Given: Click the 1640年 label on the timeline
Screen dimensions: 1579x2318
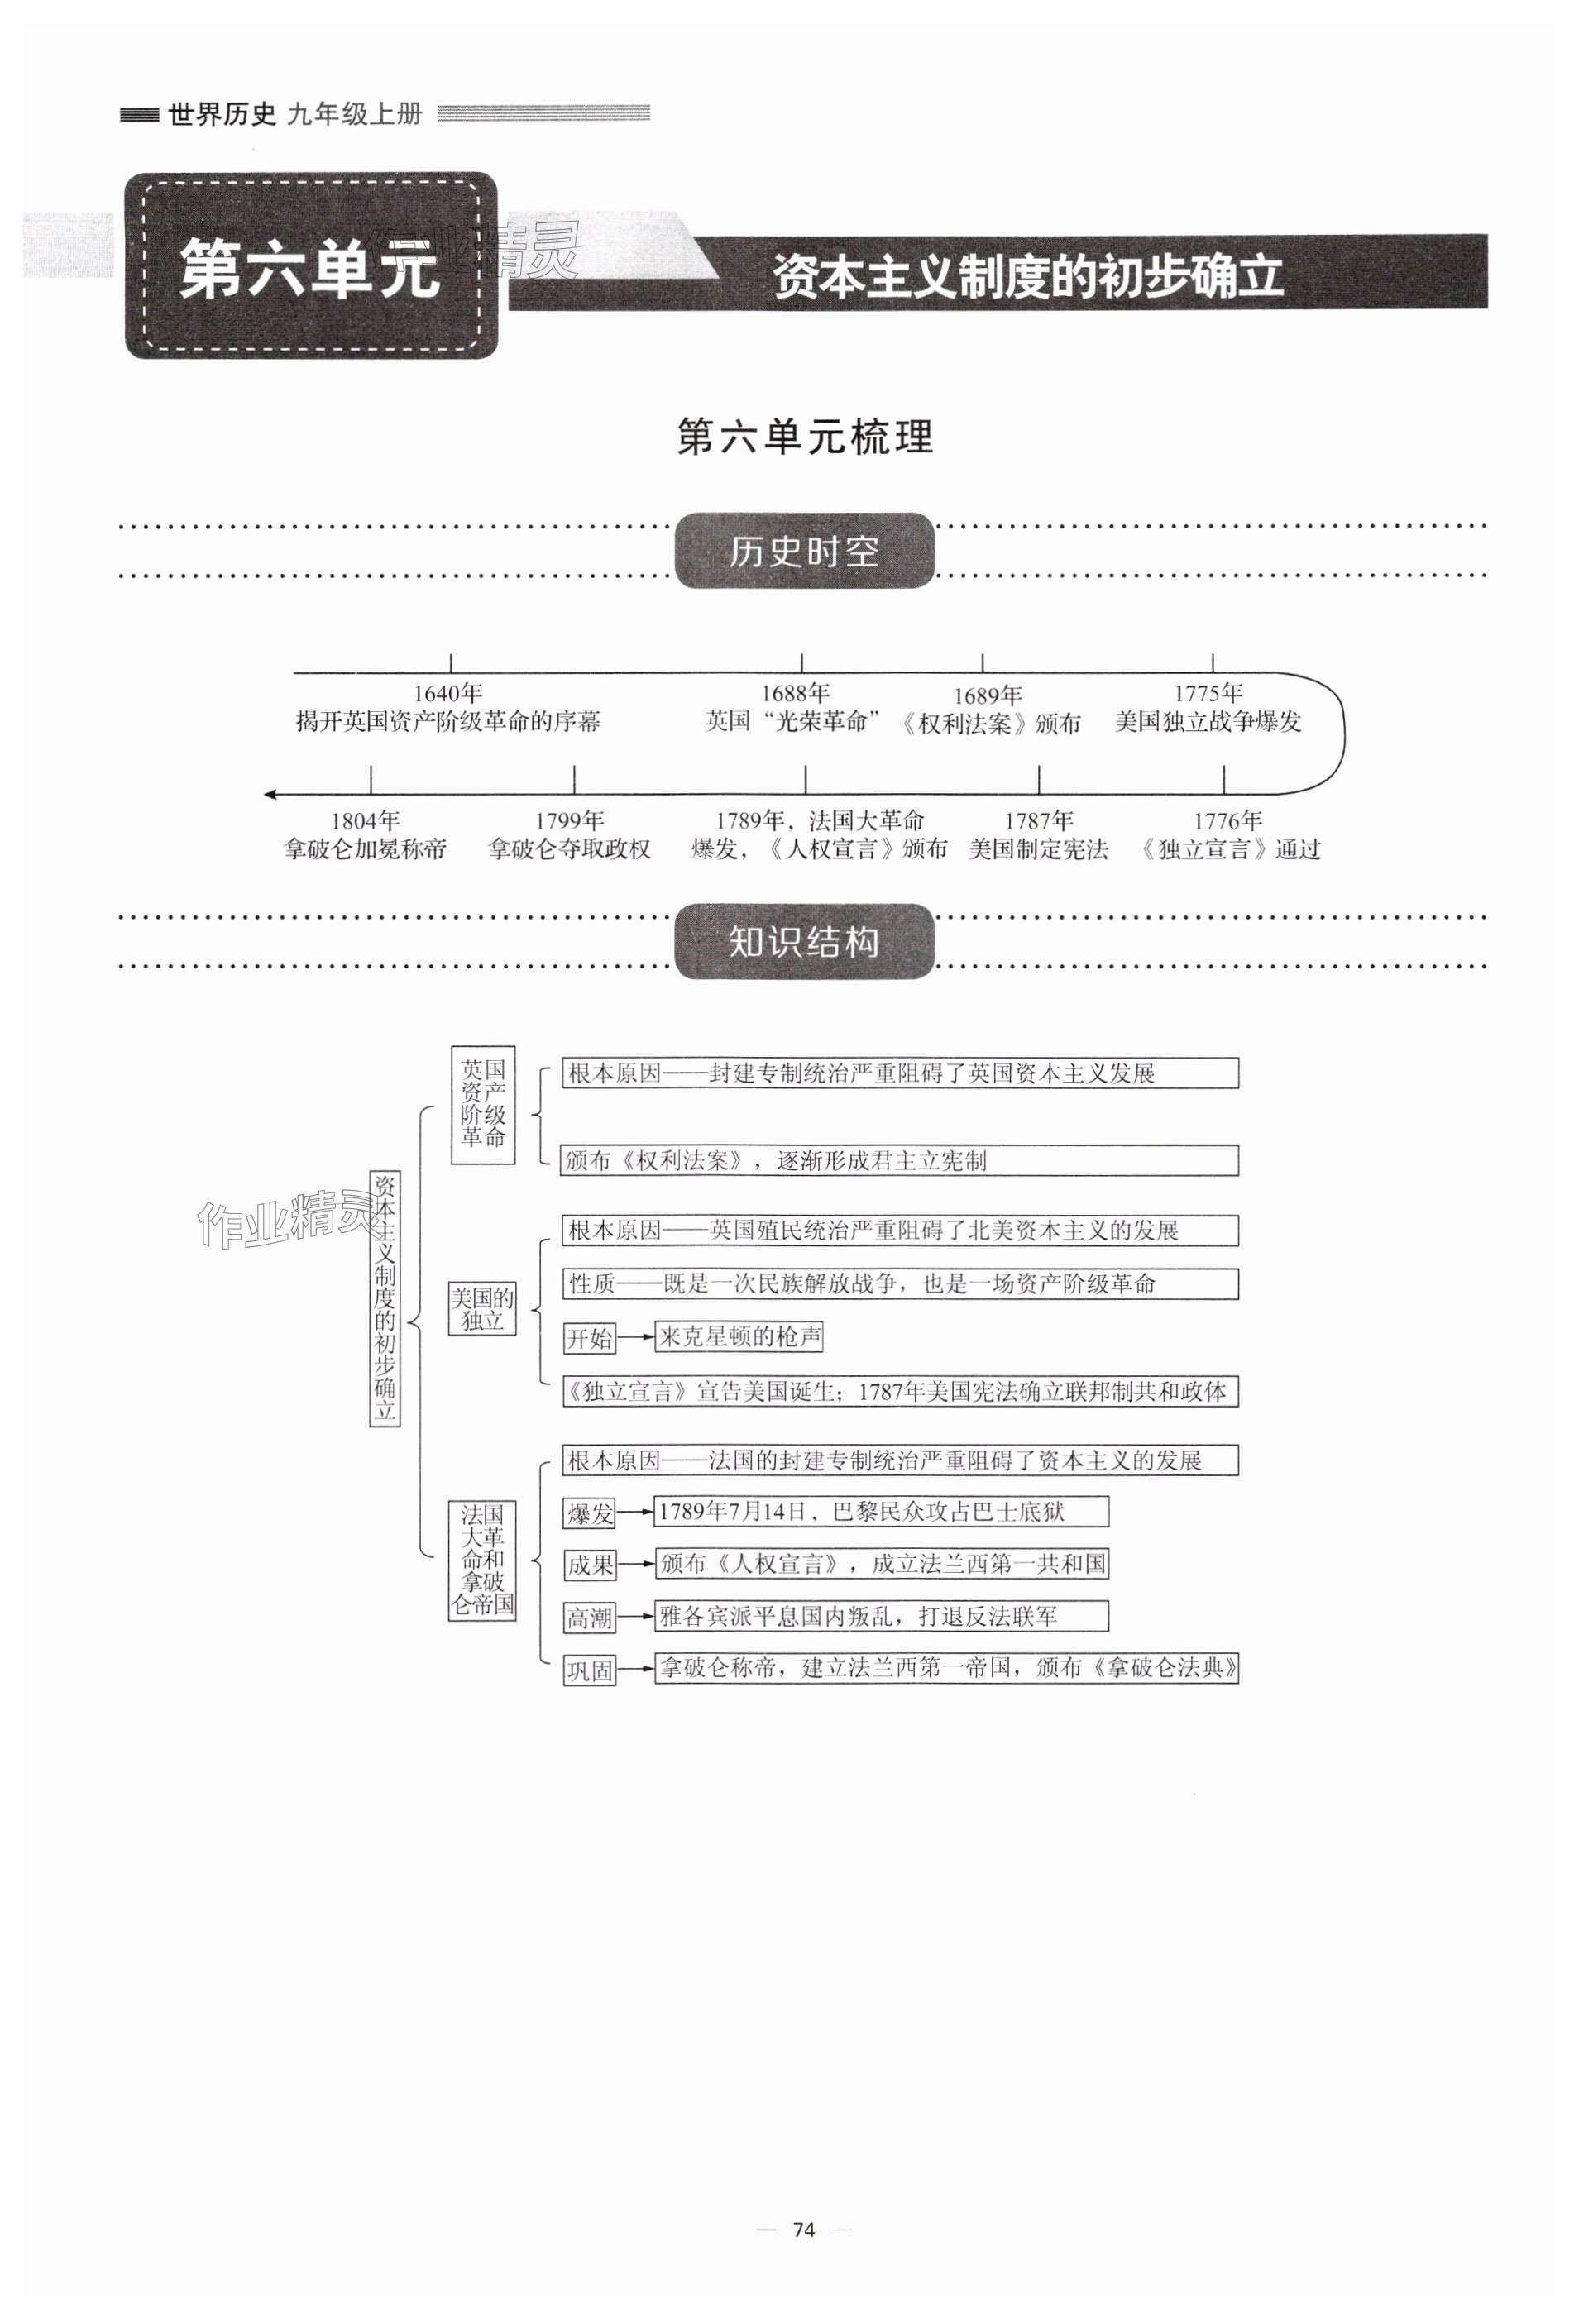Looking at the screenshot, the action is (447, 692).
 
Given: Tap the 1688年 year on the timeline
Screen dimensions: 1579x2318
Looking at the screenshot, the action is (795, 692).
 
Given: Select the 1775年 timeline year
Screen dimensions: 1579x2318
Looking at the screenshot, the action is (1208, 692).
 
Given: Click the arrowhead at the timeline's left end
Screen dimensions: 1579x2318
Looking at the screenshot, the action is (270, 795).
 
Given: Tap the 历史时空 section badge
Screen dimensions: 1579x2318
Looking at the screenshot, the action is (804, 551).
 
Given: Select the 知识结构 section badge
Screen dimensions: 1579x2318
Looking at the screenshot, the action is (804, 942).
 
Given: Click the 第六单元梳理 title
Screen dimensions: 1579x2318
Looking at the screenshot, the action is (804, 437).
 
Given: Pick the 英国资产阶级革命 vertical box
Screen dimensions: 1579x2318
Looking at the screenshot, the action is (483, 1104).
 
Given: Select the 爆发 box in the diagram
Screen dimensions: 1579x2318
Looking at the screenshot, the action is (590, 1514).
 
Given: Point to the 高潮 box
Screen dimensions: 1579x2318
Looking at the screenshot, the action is (590, 1618).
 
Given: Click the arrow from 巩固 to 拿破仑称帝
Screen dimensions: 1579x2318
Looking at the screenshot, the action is (635, 1670).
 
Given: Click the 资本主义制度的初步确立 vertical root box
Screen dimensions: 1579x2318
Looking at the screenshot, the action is (385, 1298).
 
